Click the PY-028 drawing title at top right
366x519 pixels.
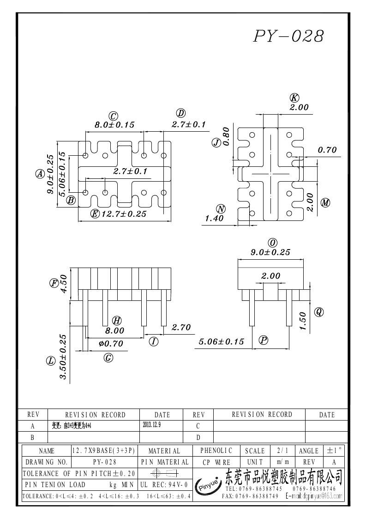(x=288, y=37)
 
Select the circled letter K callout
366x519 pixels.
(x=294, y=98)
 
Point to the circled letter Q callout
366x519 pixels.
(x=318, y=312)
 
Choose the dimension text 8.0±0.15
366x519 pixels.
(x=114, y=125)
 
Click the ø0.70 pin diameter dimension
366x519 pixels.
(x=111, y=343)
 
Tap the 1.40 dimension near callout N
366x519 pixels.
(x=214, y=219)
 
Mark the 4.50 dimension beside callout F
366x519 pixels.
(x=64, y=283)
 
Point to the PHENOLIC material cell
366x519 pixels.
(x=216, y=451)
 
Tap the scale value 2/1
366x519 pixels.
(x=280, y=451)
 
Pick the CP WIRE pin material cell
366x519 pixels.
(x=216, y=462)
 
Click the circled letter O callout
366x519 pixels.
(x=272, y=243)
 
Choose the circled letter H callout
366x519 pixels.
(x=117, y=321)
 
